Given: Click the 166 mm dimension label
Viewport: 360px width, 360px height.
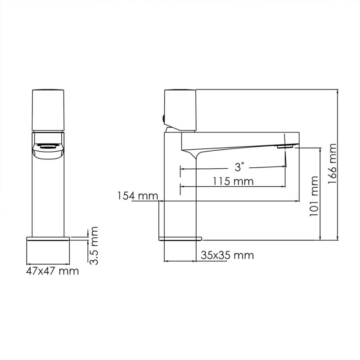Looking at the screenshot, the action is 332,163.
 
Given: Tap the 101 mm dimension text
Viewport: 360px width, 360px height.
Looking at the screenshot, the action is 314,196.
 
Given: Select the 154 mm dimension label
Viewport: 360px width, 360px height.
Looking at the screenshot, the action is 138,196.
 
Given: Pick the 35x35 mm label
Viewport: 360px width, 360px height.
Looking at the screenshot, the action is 228,255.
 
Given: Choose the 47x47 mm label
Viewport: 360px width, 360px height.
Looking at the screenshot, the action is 53,271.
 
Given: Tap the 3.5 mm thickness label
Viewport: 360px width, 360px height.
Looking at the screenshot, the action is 93,246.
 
